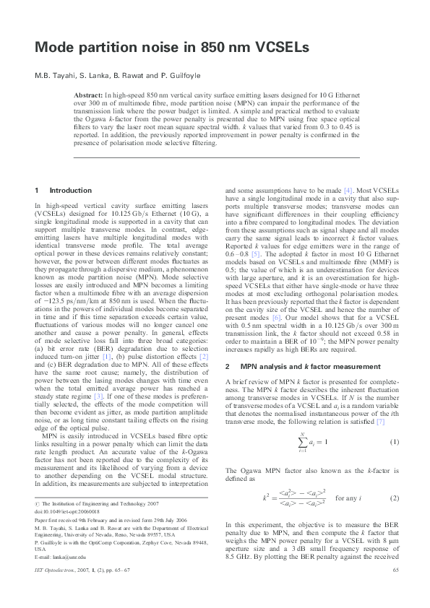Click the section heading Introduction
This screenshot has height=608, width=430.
(70, 191)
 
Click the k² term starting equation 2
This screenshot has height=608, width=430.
(265, 498)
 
